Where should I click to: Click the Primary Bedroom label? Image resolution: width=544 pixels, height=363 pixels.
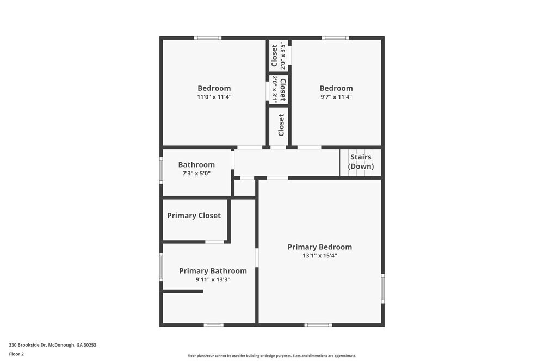click(320, 247)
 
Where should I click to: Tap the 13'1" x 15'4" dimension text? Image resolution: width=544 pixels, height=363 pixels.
click(320, 256)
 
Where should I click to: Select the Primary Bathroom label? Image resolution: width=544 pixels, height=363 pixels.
click(213, 271)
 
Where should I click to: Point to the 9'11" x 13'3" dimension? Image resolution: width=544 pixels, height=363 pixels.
click(213, 280)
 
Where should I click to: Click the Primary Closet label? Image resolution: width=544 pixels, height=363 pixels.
click(194, 216)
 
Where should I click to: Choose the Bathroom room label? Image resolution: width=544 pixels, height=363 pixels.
click(196, 165)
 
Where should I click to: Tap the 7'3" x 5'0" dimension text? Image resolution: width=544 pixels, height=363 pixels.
click(196, 174)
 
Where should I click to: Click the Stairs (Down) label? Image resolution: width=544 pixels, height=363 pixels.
click(361, 162)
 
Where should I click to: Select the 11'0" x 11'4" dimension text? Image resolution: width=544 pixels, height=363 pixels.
click(214, 97)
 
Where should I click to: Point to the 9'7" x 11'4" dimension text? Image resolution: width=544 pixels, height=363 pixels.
click(336, 97)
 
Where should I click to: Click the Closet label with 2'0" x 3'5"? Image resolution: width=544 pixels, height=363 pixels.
click(275, 56)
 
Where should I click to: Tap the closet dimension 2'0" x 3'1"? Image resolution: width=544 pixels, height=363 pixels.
click(275, 90)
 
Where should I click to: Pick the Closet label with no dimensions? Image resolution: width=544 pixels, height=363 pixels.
click(281, 125)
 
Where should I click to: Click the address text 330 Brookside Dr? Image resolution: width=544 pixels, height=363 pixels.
click(52, 344)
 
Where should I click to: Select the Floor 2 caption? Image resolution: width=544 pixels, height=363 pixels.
click(16, 354)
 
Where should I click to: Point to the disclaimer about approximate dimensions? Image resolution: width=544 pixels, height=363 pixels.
click(272, 356)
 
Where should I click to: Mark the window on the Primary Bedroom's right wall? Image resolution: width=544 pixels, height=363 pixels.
click(383, 288)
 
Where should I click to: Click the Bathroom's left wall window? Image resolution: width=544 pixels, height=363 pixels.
click(161, 170)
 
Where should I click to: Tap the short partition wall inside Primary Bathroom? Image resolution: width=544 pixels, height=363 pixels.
click(183, 291)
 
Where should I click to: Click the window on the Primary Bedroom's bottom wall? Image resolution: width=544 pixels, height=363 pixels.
click(318, 325)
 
